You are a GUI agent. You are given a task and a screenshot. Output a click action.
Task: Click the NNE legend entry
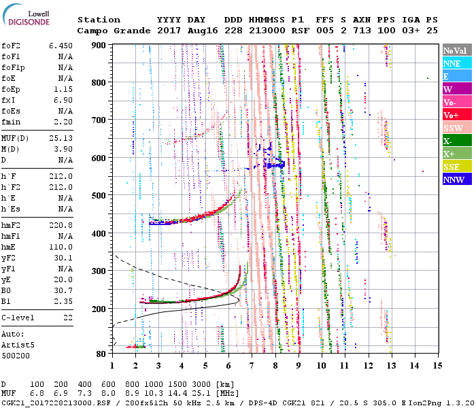[x=456, y=63]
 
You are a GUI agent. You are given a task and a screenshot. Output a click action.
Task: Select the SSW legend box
[x=456, y=128]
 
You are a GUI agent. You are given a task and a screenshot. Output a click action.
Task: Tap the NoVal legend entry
[x=456, y=50]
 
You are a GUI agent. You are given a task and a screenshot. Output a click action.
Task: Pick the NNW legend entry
[x=456, y=180]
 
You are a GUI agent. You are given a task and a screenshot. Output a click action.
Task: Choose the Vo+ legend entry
[x=456, y=115]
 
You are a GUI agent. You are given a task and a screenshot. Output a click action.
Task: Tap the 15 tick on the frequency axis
[x=437, y=365]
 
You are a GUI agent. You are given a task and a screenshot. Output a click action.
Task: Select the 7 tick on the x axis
[x=251, y=365]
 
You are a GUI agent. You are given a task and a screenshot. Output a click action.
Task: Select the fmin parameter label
[x=12, y=122]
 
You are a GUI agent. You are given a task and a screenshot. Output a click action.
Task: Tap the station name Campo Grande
[x=109, y=31]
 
